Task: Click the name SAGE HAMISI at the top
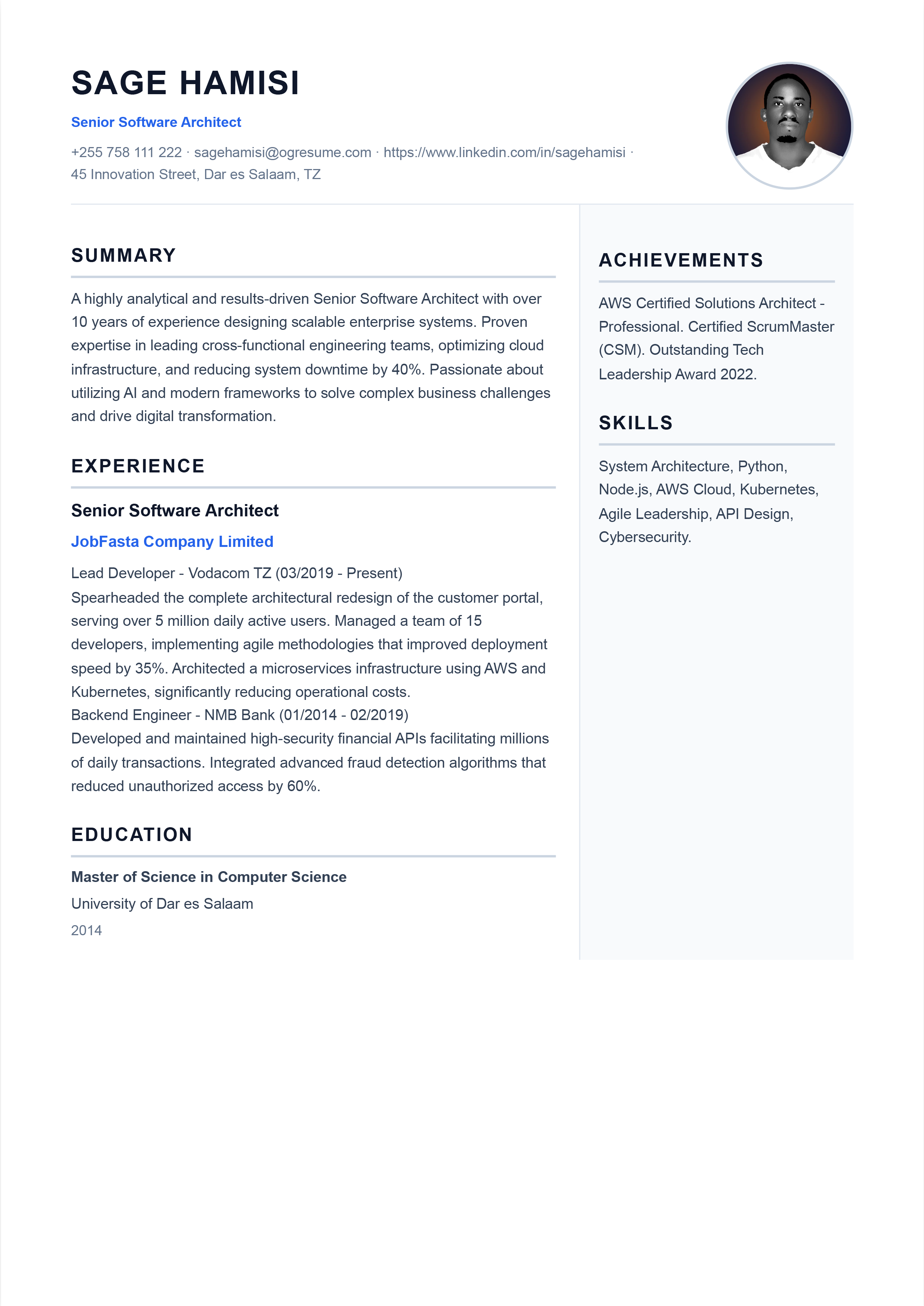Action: click(185, 83)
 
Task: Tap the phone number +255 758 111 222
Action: click(126, 153)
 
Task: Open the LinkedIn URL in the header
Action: click(504, 153)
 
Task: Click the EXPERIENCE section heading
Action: click(138, 466)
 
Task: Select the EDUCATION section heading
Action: click(131, 834)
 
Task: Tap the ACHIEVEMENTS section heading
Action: click(681, 260)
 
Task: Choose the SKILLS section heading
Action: click(636, 423)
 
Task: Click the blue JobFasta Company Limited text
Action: click(172, 541)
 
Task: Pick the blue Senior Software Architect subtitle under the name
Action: click(156, 122)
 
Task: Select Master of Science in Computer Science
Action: click(209, 877)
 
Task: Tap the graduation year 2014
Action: click(86, 930)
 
